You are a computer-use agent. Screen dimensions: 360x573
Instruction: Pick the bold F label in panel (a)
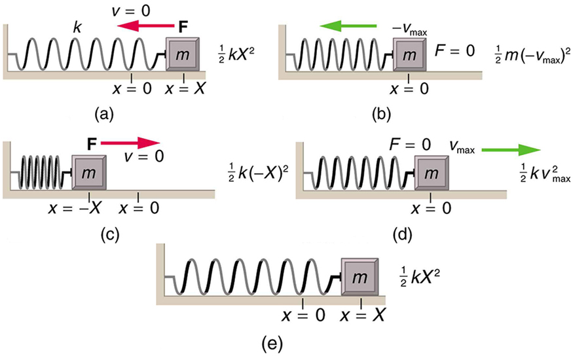pos(185,26)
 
